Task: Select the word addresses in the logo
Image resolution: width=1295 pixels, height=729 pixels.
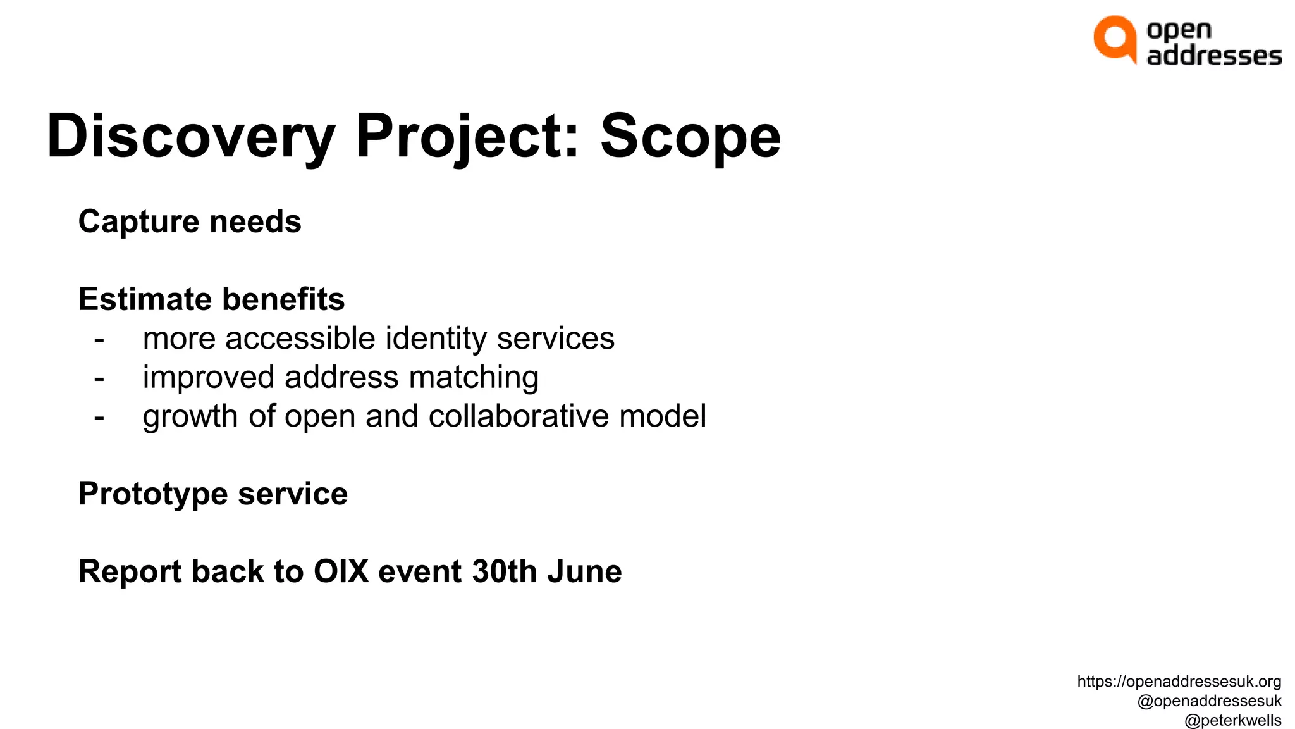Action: (1214, 56)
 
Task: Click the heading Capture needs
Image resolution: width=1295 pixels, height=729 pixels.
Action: (190, 221)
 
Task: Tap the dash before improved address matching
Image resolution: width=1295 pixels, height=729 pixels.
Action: (99, 378)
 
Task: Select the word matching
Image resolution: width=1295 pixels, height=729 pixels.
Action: (474, 378)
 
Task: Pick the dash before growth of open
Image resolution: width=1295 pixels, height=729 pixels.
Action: (99, 417)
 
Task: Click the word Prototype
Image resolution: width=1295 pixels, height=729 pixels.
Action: (152, 494)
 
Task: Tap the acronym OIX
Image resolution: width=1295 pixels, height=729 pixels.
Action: (341, 571)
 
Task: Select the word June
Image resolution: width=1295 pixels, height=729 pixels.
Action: (584, 571)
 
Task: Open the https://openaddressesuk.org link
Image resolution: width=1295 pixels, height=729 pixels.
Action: (1179, 682)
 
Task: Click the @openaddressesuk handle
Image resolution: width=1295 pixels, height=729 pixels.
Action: (1208, 701)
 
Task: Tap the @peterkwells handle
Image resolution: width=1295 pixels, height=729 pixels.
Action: (1232, 720)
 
